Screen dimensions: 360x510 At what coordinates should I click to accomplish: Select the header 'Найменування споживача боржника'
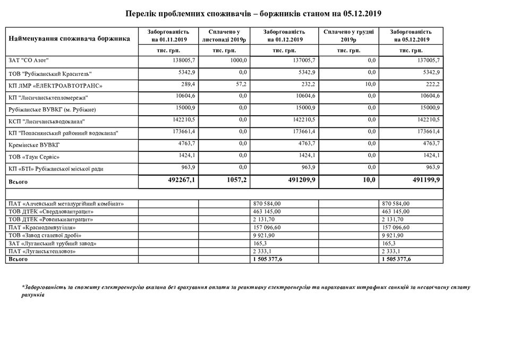[70, 39]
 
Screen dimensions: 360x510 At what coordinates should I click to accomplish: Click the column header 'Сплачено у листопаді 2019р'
[225, 36]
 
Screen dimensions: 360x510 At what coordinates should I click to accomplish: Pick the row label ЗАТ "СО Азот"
[32, 61]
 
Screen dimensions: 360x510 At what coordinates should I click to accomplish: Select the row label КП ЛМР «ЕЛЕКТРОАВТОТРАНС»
[55, 85]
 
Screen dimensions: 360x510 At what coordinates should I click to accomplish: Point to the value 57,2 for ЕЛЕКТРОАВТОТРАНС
[242, 84]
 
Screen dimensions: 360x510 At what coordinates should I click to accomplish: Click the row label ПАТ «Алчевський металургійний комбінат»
[66, 203]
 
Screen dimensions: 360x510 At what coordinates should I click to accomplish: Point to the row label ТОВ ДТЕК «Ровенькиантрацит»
[51, 219]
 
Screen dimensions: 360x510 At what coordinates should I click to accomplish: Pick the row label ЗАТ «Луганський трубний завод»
[53, 243]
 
